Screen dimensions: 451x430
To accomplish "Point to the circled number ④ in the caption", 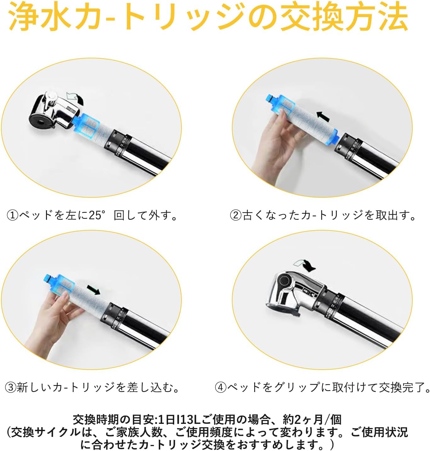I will click(x=221, y=387).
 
